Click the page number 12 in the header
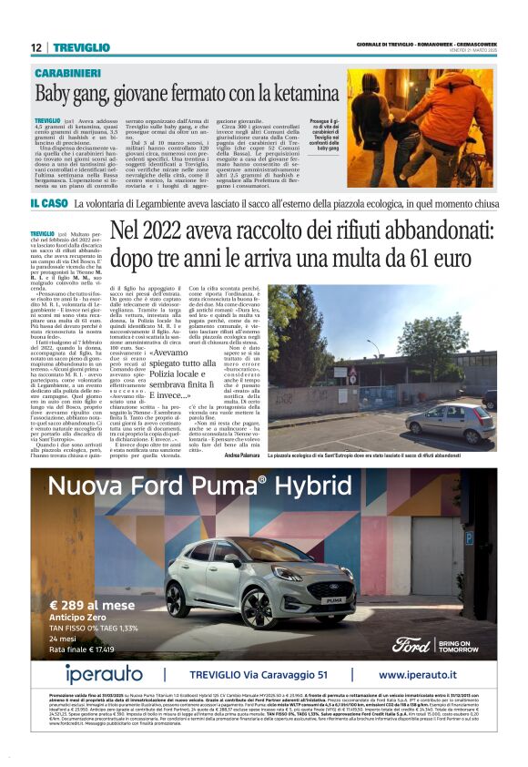(36, 47)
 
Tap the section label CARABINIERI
(69, 72)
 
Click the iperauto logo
(106, 675)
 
